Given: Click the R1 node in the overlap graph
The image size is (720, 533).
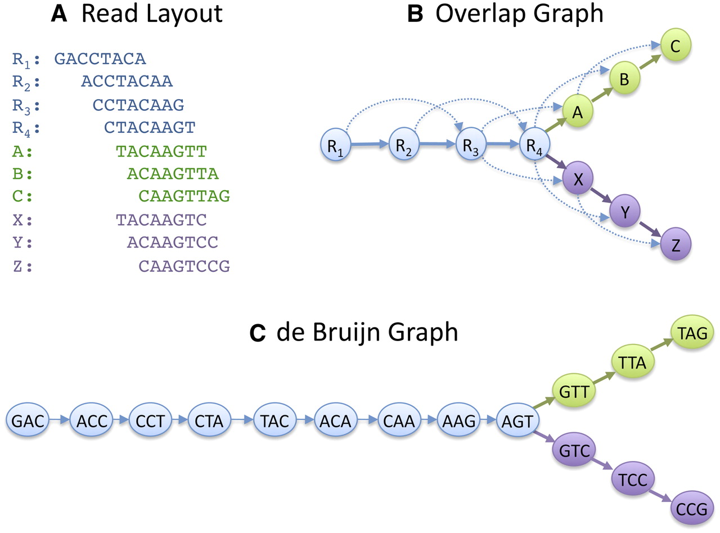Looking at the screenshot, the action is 336,144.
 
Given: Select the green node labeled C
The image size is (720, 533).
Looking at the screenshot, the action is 676,45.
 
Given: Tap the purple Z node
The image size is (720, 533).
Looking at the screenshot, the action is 676,244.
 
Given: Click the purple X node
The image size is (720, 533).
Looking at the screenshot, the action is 578,178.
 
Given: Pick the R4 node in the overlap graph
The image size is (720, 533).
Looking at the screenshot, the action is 534,144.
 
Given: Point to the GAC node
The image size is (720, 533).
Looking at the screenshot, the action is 28,420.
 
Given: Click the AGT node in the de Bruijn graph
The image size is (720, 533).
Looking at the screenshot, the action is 517,420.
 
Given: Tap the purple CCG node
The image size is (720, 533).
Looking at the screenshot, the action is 692,508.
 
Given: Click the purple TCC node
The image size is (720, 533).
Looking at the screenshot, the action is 633,479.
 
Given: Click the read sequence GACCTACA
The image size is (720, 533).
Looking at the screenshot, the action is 100,59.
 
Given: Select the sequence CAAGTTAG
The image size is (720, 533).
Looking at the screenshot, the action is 184,196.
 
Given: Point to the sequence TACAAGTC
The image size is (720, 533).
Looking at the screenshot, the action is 161,220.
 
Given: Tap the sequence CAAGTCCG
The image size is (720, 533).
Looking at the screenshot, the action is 184,266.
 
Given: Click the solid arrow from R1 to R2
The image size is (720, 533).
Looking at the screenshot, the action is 370,144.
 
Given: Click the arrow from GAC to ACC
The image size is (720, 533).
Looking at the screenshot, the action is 60,420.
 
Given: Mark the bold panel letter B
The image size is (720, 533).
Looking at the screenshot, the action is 415,14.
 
